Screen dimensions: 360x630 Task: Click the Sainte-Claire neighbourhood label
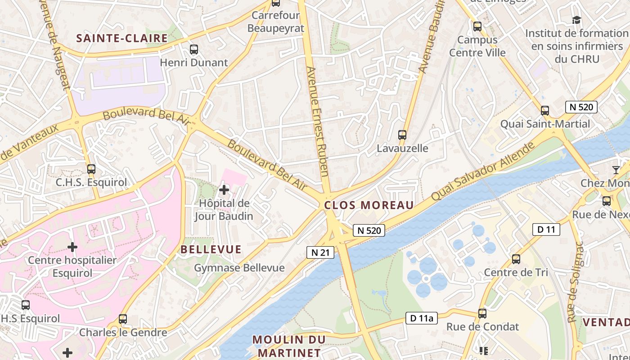click(122, 38)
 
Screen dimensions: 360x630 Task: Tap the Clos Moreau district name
click(369, 206)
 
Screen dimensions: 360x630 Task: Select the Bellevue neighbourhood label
click(211, 249)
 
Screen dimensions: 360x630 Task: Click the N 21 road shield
click(321, 252)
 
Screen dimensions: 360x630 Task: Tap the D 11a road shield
click(421, 318)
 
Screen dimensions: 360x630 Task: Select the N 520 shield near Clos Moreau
click(369, 230)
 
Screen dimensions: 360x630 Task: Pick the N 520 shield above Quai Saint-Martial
click(581, 107)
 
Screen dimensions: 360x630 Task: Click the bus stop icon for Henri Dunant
click(194, 49)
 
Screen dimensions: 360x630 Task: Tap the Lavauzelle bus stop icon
click(402, 135)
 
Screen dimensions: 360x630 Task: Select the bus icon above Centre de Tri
click(516, 259)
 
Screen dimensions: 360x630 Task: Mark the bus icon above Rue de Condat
click(482, 313)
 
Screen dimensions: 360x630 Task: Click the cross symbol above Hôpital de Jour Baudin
click(224, 190)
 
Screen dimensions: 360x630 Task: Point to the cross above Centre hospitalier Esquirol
click(72, 247)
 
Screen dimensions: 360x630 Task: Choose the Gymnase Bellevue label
click(239, 268)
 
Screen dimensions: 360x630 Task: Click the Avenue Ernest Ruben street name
click(317, 121)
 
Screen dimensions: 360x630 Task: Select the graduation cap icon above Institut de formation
click(576, 20)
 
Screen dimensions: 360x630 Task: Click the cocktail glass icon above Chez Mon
click(616, 170)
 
